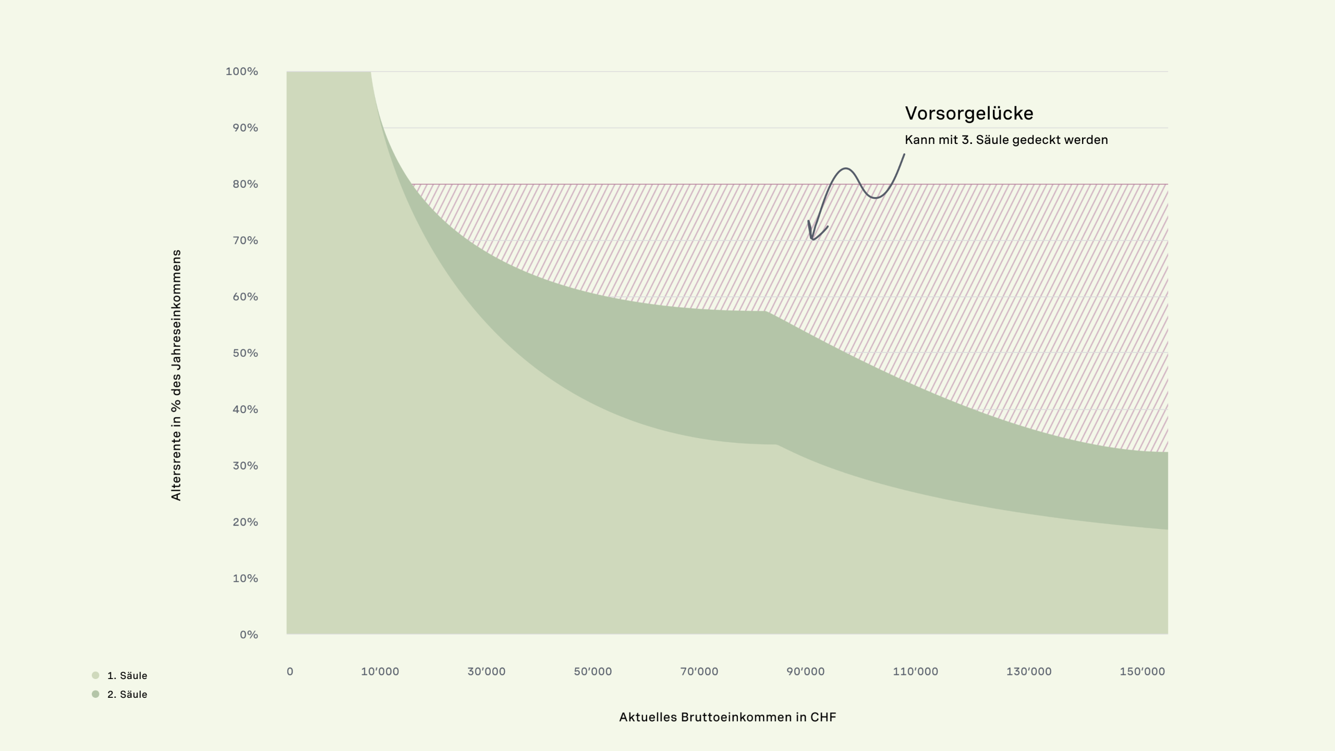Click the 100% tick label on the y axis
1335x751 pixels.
(x=241, y=71)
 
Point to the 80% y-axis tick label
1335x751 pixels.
(x=245, y=184)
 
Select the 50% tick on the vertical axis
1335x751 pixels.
(x=245, y=353)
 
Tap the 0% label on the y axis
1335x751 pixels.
(x=249, y=635)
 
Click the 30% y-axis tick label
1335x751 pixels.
(x=245, y=466)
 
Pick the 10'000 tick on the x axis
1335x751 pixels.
(x=380, y=672)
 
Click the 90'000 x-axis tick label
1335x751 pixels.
(x=805, y=672)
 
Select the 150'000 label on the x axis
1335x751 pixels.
(x=1142, y=672)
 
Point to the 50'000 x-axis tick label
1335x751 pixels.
(x=592, y=672)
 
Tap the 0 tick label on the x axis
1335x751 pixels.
(x=290, y=672)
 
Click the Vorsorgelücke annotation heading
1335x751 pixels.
(x=969, y=114)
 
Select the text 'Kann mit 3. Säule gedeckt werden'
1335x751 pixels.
(x=1006, y=140)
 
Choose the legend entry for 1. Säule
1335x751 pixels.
(x=127, y=676)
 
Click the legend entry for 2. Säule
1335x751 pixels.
(x=127, y=695)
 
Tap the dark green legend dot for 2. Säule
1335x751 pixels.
(x=95, y=694)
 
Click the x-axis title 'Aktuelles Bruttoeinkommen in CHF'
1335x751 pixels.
(x=727, y=717)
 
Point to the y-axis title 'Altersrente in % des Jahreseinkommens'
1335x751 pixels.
(x=176, y=375)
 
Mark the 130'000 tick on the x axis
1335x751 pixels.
(x=1028, y=672)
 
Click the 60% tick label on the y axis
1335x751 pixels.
(x=245, y=297)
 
